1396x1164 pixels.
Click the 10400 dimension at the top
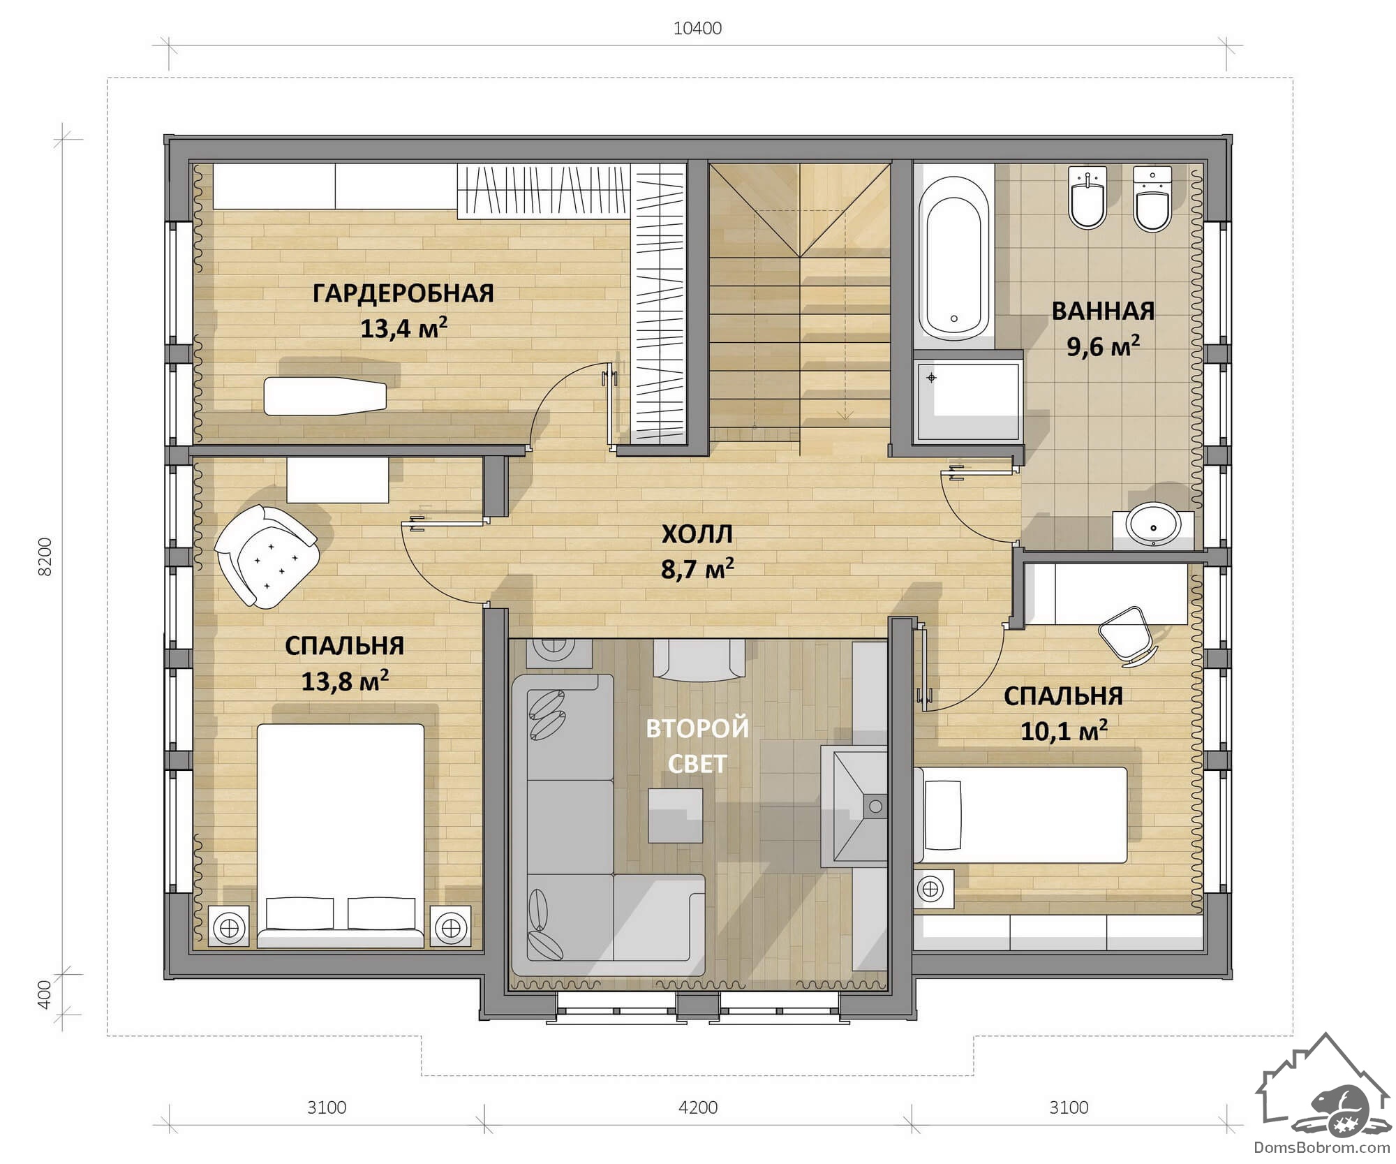click(x=697, y=29)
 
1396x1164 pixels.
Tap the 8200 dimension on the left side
click(x=45, y=557)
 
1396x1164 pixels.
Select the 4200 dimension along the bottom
click(x=698, y=1107)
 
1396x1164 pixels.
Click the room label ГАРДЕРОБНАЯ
click(x=403, y=293)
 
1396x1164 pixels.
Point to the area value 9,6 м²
click(x=1103, y=346)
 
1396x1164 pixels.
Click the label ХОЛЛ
click(x=697, y=534)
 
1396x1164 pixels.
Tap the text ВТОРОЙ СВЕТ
click(x=697, y=746)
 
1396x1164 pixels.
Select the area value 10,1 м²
click(x=1064, y=731)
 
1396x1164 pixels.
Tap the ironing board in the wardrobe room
click(x=325, y=397)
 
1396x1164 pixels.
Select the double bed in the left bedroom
click(x=341, y=836)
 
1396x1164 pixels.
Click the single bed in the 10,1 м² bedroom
click(x=1020, y=815)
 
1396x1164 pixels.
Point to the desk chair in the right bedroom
click(x=1127, y=635)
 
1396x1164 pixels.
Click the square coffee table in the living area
click(x=676, y=816)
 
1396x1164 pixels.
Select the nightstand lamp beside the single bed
click(x=930, y=889)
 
